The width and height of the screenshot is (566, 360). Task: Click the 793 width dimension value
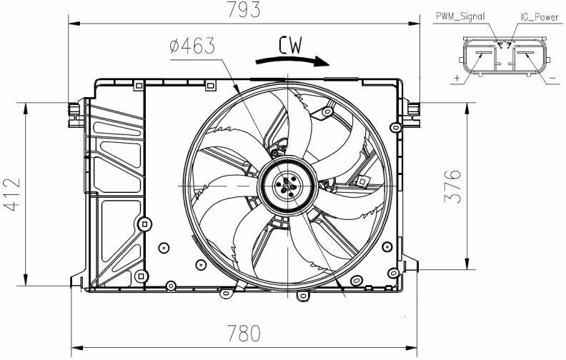(x=243, y=10)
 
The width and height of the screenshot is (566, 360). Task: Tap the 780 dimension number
(x=243, y=334)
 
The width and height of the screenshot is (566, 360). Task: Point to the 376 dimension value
(x=452, y=186)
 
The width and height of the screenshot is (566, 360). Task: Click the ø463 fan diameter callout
(x=192, y=46)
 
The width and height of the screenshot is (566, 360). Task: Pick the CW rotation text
(x=290, y=45)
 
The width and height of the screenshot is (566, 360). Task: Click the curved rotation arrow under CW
(x=292, y=61)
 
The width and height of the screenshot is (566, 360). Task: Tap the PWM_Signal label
(x=460, y=16)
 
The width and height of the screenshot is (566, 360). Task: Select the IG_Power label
(x=540, y=17)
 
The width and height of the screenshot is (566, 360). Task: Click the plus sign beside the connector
(x=457, y=78)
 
